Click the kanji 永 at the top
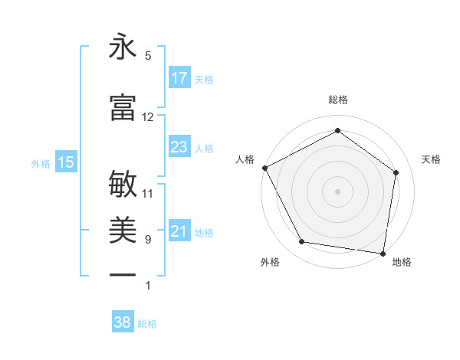[123, 47]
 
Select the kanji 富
[123, 107]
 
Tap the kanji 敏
[123, 185]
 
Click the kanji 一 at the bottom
[123, 273]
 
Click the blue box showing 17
[179, 78]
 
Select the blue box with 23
[179, 147]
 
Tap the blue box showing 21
[179, 231]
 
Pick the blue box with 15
[66, 162]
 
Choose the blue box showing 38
[123, 322]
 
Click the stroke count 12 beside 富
[148, 116]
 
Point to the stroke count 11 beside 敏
[148, 193]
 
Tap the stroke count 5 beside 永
[148, 55]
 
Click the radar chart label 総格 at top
[338, 100]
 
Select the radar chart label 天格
[431, 159]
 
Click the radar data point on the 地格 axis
[383, 253]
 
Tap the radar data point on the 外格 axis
[302, 242]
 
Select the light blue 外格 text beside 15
[40, 162]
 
